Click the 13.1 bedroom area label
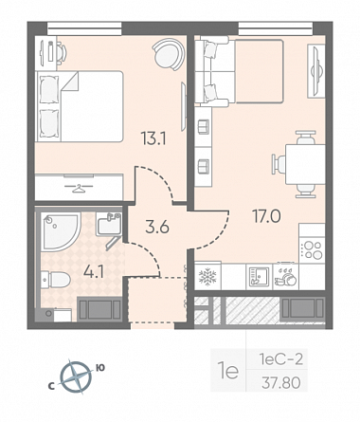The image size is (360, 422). click(x=153, y=138)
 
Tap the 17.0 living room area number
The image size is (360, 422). click(x=266, y=216)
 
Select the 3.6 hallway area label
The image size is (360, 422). click(x=157, y=227)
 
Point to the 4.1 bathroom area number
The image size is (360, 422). click(x=94, y=272)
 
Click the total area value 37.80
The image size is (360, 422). click(x=280, y=383)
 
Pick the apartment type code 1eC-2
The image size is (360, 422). click(x=280, y=359)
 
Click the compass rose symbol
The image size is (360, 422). click(x=76, y=376)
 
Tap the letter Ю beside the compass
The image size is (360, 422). click(x=100, y=368)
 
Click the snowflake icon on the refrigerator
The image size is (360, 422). click(x=207, y=277)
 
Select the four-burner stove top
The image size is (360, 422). click(x=313, y=250)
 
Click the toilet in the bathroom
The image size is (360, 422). click(x=56, y=280)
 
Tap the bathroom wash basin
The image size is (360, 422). click(x=109, y=224)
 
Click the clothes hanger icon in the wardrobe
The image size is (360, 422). click(x=79, y=188)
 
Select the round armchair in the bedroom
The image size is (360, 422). click(x=168, y=54)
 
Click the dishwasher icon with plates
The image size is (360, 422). click(x=285, y=277)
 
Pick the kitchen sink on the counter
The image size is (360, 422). click(x=259, y=277)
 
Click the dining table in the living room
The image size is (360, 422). click(x=305, y=164)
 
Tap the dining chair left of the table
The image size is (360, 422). click(x=279, y=164)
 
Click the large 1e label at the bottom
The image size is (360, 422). click(x=228, y=372)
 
